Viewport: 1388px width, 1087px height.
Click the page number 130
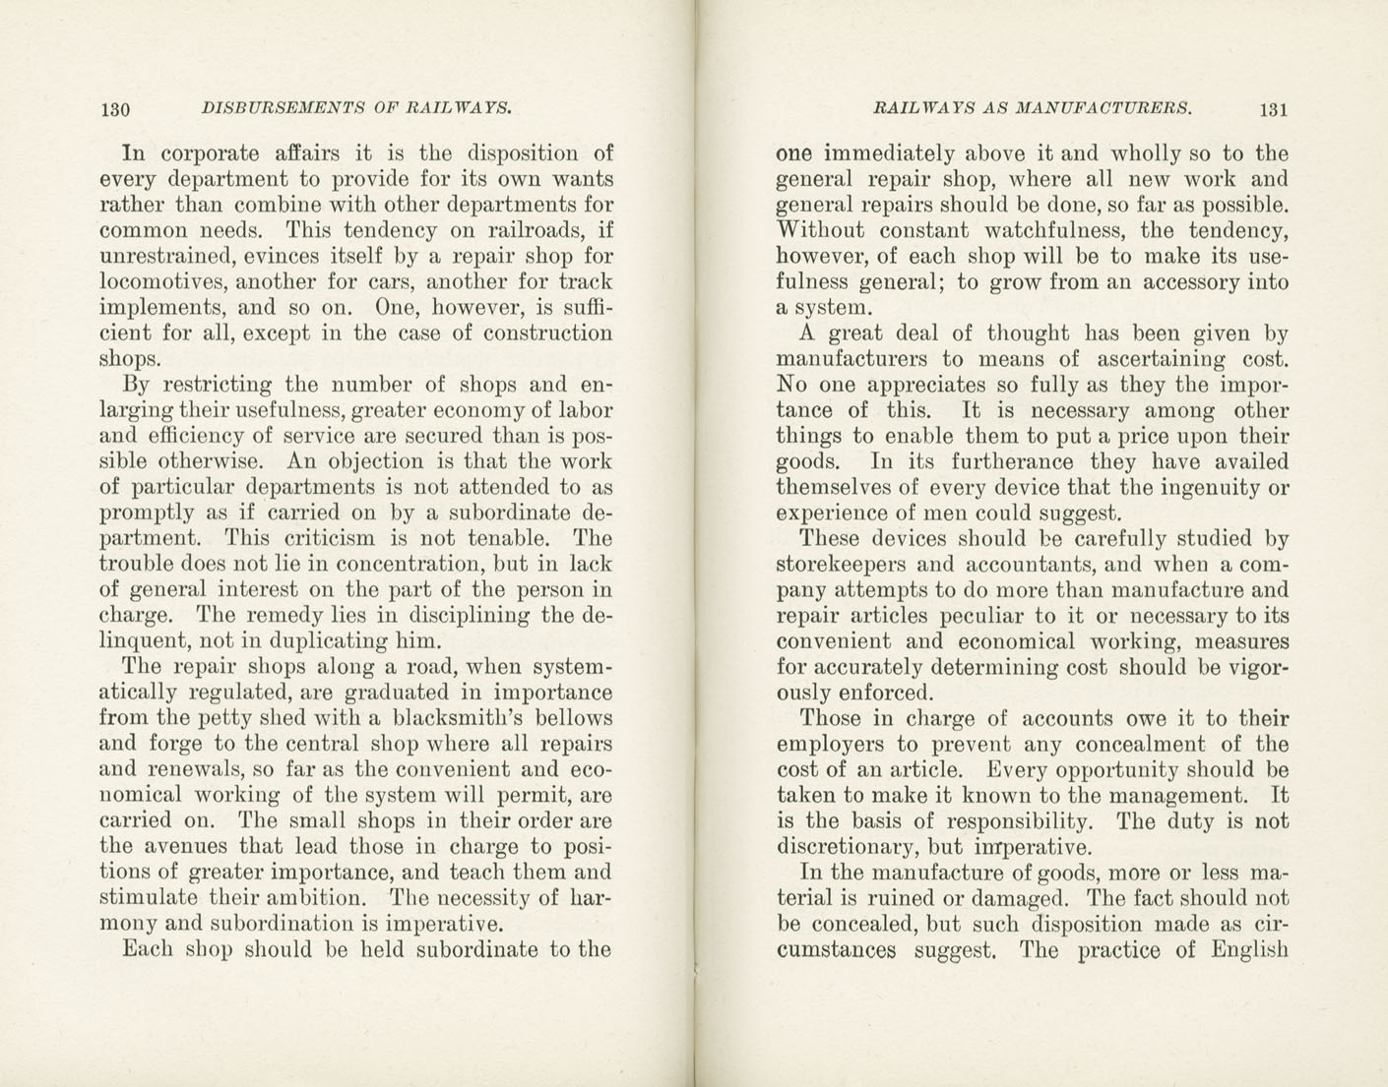[115, 109]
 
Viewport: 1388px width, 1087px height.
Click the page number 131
[1273, 109]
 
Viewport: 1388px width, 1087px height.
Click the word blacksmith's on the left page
[458, 718]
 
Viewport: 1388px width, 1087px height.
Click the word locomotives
[158, 282]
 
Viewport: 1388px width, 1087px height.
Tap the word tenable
[506, 539]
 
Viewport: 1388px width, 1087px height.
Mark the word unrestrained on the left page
[161, 257]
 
